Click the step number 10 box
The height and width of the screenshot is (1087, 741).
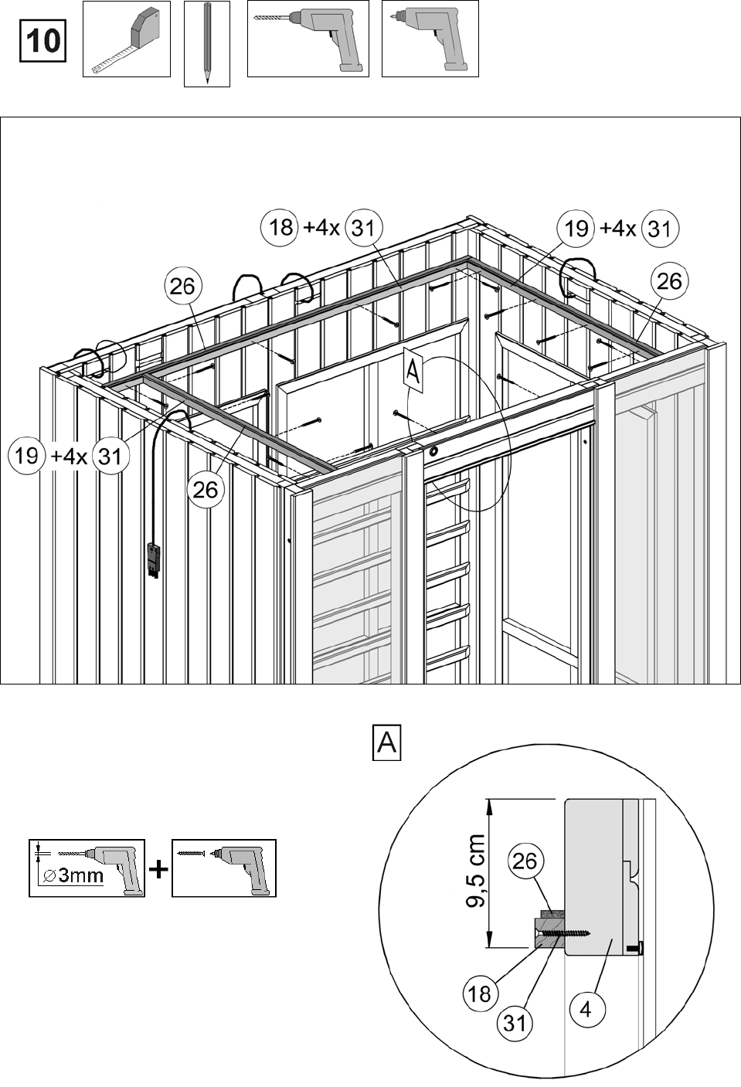42,41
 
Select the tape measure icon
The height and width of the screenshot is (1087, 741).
127,39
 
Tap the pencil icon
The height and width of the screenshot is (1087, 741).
207,43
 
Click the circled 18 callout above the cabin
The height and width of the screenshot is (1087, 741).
280,227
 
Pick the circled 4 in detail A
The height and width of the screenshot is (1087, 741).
586,1009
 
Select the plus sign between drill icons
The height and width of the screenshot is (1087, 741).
158,869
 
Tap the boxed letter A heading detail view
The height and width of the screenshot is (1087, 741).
386,742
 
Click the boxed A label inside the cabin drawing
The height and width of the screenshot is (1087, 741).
413,372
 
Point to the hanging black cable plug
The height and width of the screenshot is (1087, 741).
154,560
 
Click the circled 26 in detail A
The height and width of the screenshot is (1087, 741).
525,861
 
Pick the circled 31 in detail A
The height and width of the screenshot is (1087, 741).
515,1023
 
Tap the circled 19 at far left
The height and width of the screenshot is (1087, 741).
26,455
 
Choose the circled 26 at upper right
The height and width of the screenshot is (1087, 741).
669,280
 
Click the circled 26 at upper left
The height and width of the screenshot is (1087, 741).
182,286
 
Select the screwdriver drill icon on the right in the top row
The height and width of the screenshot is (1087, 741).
430,39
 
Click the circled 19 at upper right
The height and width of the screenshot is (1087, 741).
576,228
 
